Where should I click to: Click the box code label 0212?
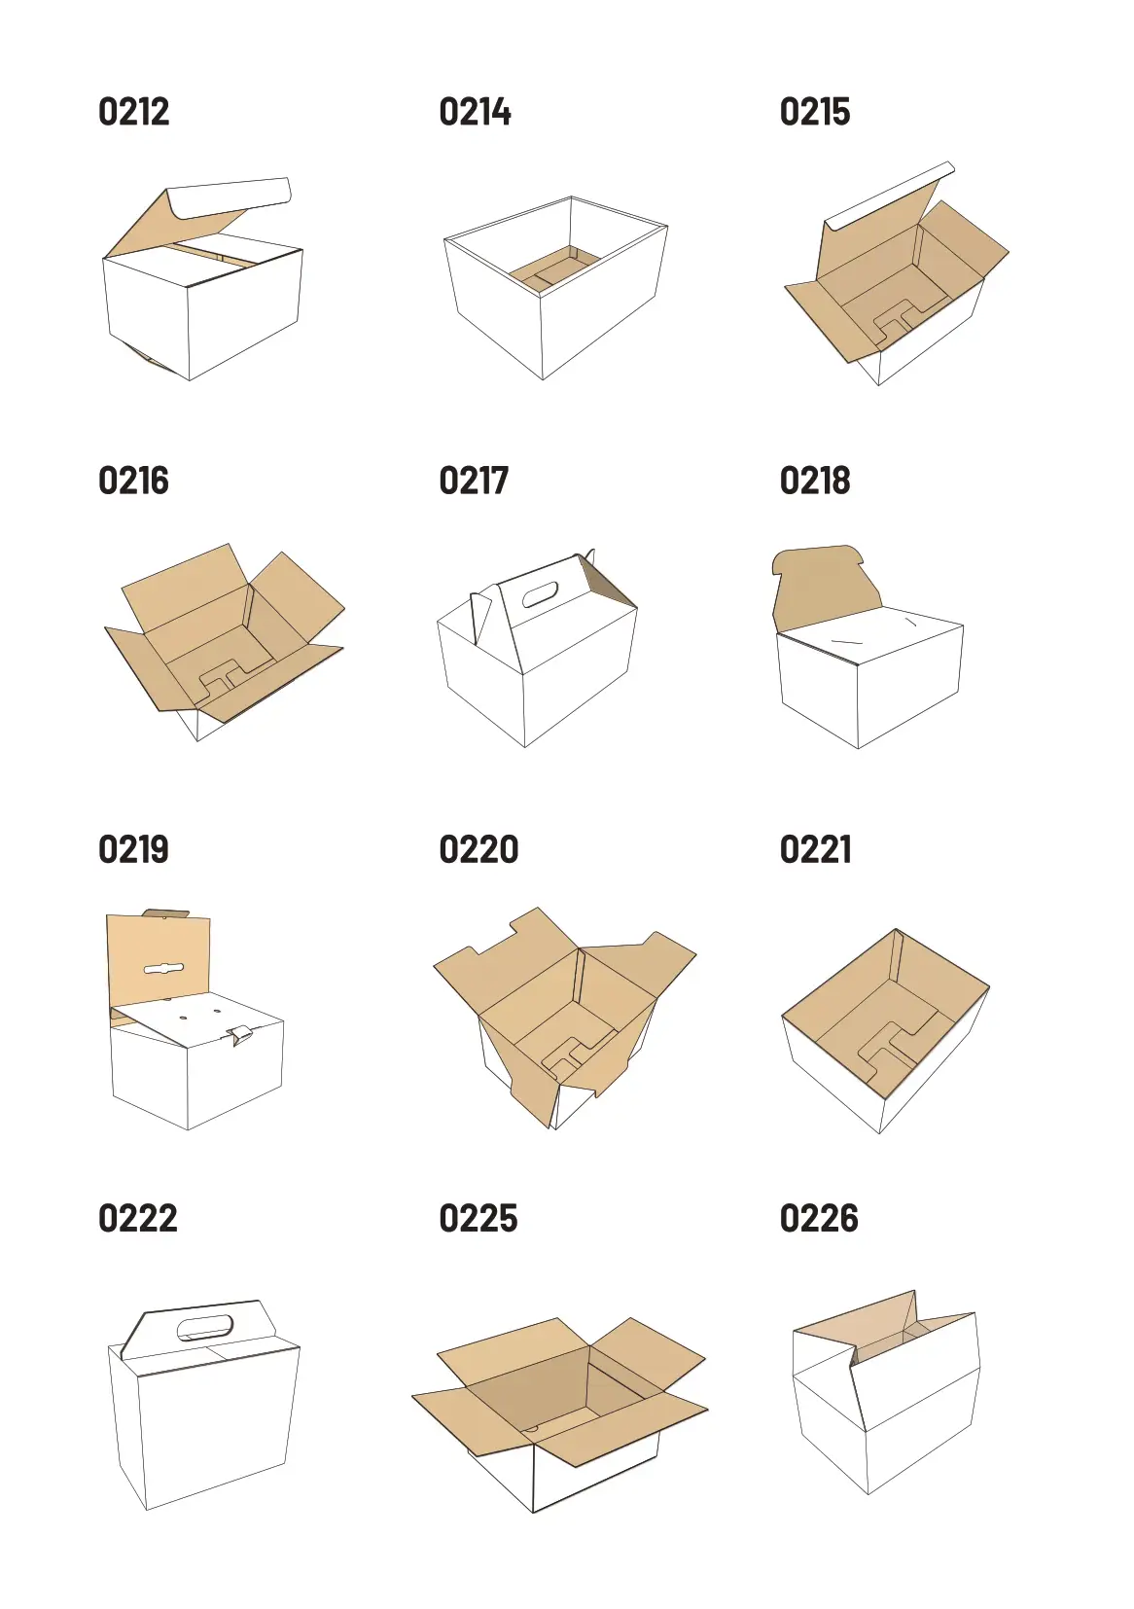tap(133, 112)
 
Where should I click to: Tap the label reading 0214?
tap(475, 112)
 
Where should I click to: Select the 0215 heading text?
tap(815, 112)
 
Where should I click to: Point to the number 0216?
tap(133, 481)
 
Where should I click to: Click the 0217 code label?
tap(474, 481)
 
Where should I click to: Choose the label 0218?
tap(815, 481)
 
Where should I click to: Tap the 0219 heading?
tap(133, 849)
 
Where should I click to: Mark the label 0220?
tap(479, 849)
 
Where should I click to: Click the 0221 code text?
tap(816, 849)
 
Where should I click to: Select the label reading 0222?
tap(138, 1218)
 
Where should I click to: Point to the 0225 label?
tap(478, 1218)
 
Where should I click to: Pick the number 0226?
tap(820, 1218)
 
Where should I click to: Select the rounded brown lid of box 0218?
tap(826, 589)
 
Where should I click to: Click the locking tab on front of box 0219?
tap(240, 1035)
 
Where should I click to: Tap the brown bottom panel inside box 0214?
tap(554, 268)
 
